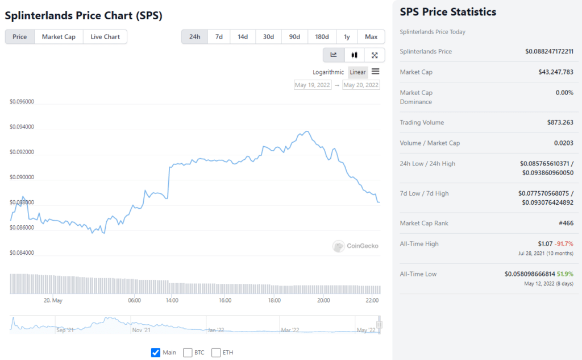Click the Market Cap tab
[59, 37]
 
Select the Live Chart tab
[105, 37]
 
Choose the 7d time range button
[219, 37]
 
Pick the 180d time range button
[322, 37]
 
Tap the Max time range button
[371, 37]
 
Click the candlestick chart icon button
[354, 55]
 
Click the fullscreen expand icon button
[375, 55]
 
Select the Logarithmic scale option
[329, 72]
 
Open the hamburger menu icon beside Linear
[376, 72]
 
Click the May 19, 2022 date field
[313, 85]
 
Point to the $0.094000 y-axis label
[22, 127]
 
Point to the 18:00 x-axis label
[275, 300]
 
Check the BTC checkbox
[188, 353]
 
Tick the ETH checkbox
[216, 353]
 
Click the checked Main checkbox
[156, 353]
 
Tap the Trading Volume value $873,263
[560, 122]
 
